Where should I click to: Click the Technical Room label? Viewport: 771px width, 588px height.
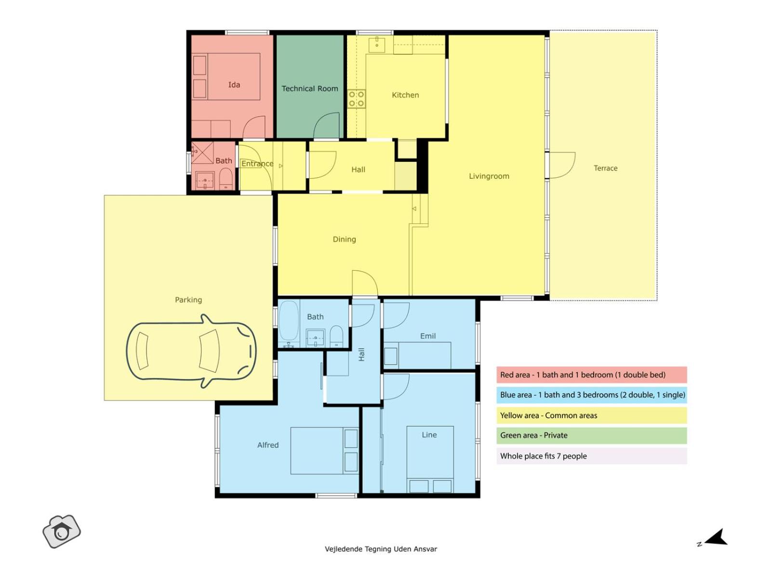pyautogui.click(x=309, y=89)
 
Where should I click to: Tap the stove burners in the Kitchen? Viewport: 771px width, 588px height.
pyautogui.click(x=356, y=99)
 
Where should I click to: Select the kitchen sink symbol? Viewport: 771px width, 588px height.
pyautogui.click(x=376, y=45)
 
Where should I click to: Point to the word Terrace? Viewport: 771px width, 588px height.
pyautogui.click(x=605, y=168)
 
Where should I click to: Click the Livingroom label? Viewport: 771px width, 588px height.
pyautogui.click(x=489, y=176)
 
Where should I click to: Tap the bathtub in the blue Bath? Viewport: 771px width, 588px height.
pyautogui.click(x=289, y=323)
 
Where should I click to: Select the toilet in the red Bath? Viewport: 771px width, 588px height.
pyautogui.click(x=226, y=179)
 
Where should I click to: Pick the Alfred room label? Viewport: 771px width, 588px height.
pyautogui.click(x=268, y=445)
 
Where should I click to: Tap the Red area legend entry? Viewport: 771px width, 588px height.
pyautogui.click(x=592, y=375)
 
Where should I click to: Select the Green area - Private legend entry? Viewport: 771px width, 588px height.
pyautogui.click(x=592, y=435)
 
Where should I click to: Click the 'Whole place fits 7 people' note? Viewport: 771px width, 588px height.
pyautogui.click(x=592, y=456)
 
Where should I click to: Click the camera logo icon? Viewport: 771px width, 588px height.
pyautogui.click(x=62, y=532)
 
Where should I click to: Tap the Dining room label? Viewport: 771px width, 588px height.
pyautogui.click(x=344, y=239)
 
